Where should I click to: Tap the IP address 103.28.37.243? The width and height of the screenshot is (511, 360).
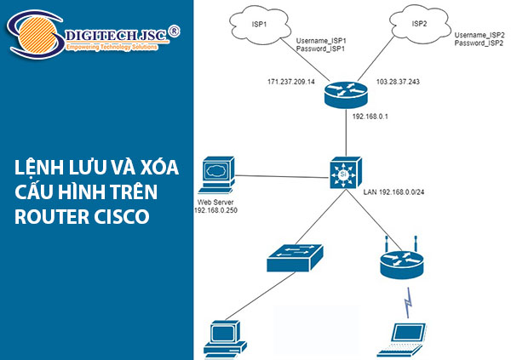click(399, 81)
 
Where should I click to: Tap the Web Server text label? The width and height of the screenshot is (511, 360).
click(211, 201)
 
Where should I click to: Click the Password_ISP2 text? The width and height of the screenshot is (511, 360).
click(479, 43)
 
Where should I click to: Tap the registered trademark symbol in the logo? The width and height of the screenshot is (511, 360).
click(174, 31)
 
